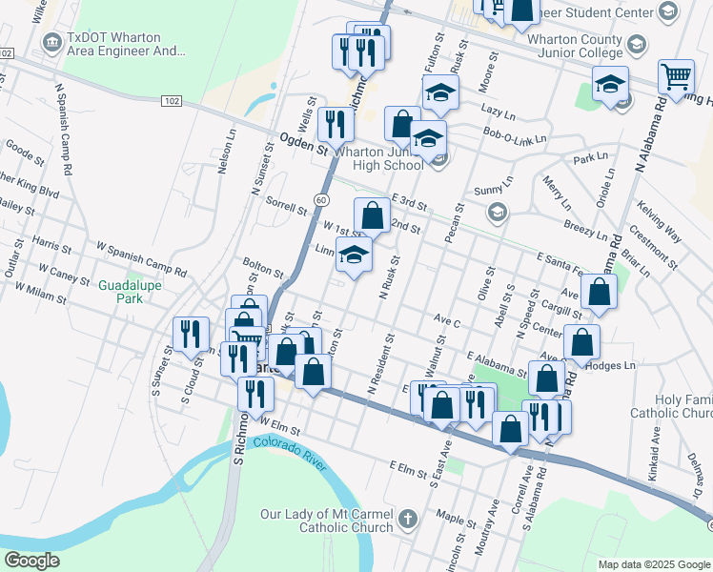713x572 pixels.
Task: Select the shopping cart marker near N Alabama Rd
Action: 676,76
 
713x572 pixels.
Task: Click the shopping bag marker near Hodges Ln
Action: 581,342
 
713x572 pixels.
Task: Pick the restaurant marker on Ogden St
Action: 335,124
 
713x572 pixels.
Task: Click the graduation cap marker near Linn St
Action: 354,255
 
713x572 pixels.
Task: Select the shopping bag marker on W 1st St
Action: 372,215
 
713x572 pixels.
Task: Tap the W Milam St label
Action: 37,292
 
